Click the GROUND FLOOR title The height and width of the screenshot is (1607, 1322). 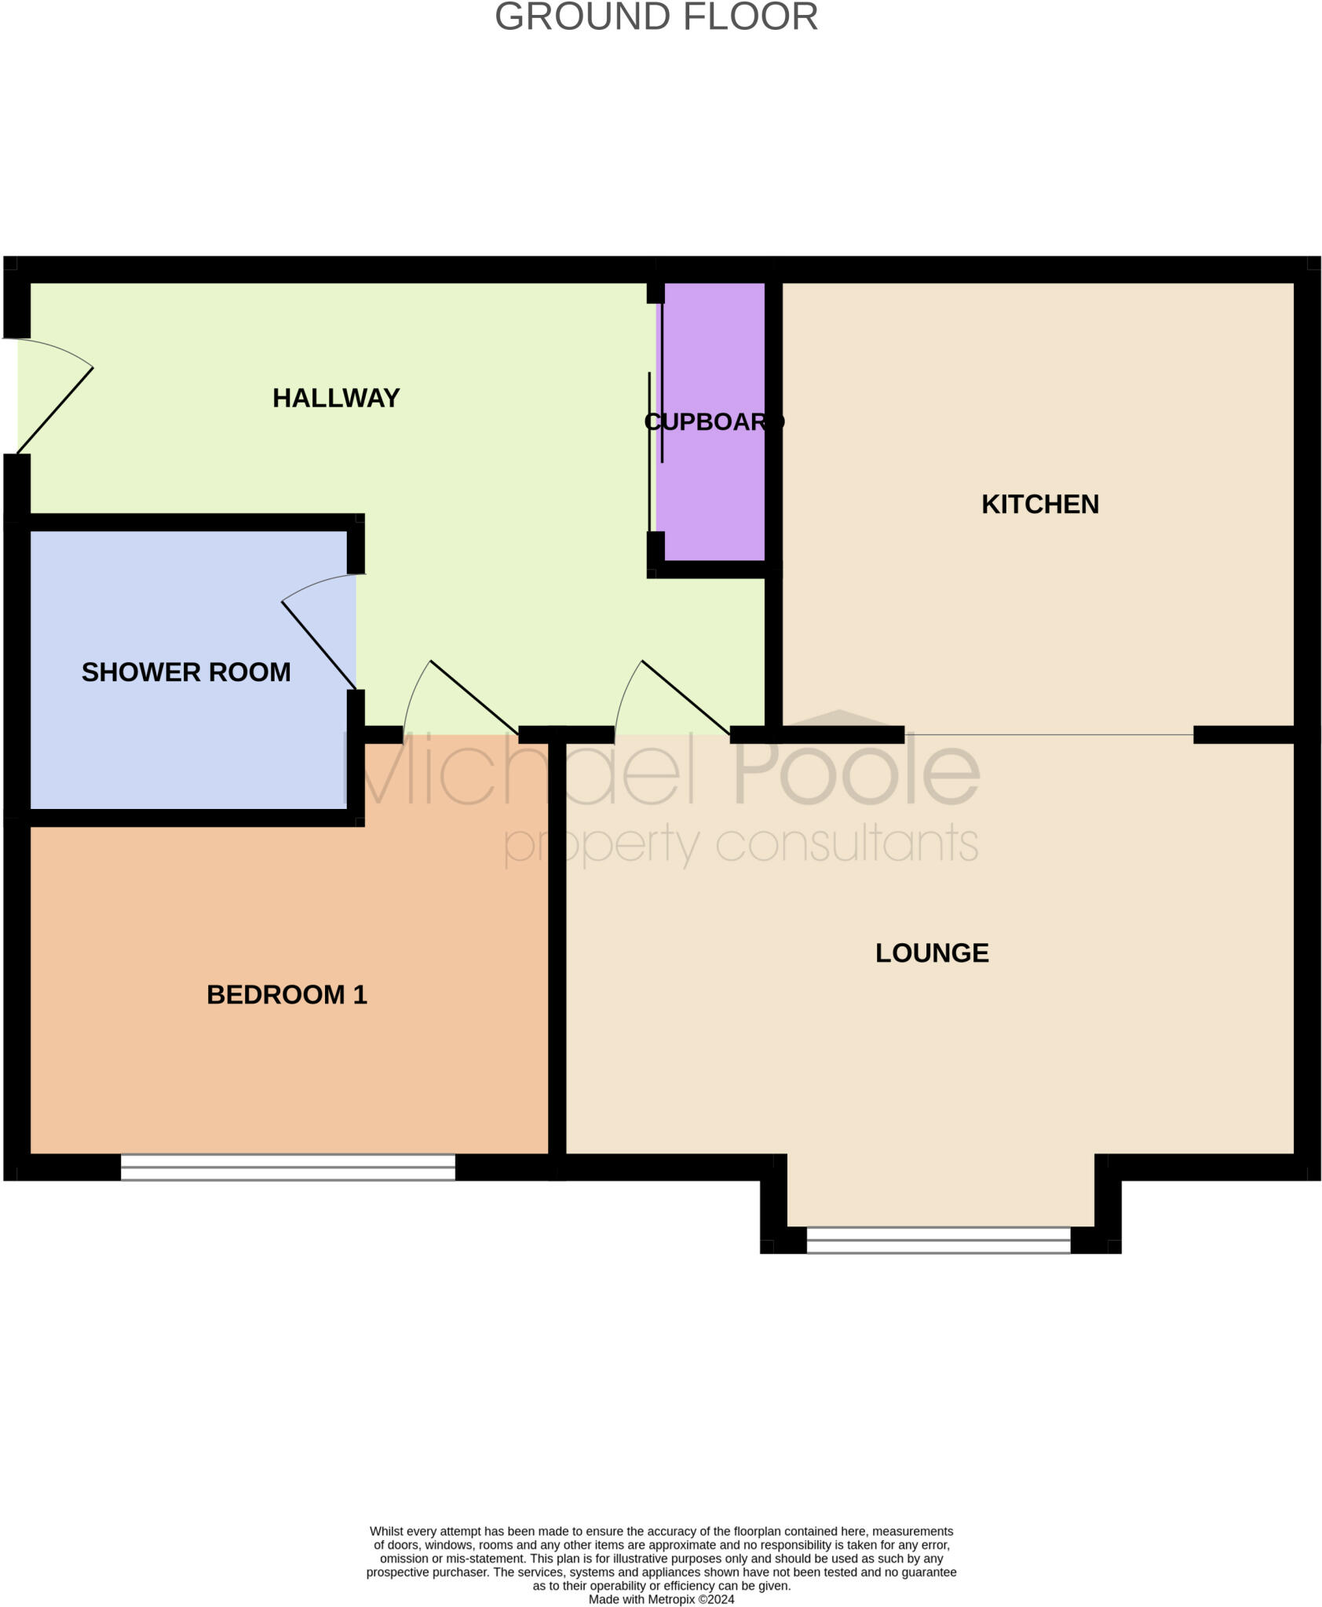click(656, 17)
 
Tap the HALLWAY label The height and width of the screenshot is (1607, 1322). click(336, 398)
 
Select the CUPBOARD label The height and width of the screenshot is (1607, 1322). click(714, 422)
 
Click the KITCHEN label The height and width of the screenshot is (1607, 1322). click(1039, 504)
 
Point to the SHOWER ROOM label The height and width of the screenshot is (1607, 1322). click(186, 672)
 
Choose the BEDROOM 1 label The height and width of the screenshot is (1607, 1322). click(287, 994)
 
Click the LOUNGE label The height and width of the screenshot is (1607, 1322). click(932, 953)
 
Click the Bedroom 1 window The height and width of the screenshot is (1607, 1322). click(287, 1167)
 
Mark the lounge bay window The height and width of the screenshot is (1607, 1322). click(938, 1240)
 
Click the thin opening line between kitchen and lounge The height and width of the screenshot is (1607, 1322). click(1049, 734)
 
